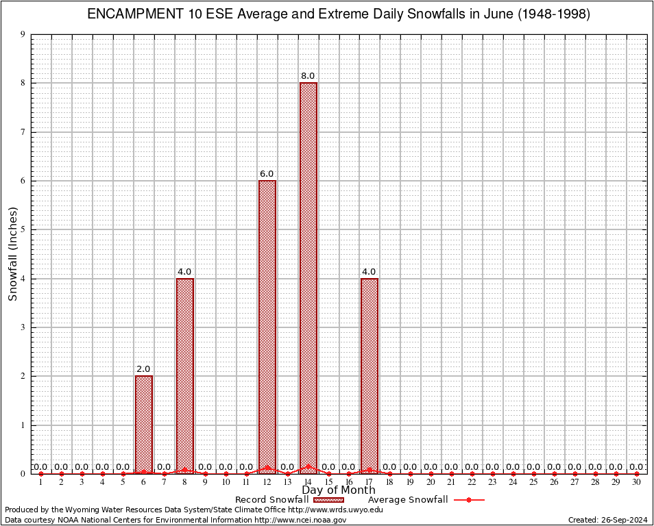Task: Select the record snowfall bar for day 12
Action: tap(267, 326)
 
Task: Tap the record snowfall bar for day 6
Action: tap(144, 424)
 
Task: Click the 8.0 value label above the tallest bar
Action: tap(308, 76)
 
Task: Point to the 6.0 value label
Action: tap(267, 174)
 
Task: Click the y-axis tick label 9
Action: tap(23, 34)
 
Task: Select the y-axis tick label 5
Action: tap(23, 229)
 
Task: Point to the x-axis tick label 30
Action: tap(636, 483)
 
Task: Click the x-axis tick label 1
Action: tap(41, 483)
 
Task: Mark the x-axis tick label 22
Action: tap(472, 483)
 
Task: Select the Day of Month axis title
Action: tap(339, 490)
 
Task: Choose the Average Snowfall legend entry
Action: tap(408, 500)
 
